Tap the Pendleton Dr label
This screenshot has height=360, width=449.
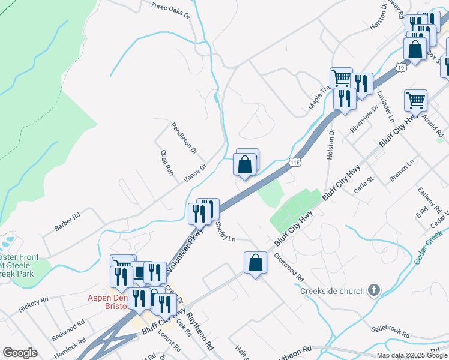184,137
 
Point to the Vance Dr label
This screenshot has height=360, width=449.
195,172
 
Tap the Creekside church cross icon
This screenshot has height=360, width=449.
374,291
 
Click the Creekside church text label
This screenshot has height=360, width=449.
333,291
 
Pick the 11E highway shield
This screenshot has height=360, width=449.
294,162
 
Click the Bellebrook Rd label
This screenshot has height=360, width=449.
390,330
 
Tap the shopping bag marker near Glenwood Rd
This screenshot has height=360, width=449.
255,263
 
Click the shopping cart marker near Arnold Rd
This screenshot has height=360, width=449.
415,100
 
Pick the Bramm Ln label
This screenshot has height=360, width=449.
402,169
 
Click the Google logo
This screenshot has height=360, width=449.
20,353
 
